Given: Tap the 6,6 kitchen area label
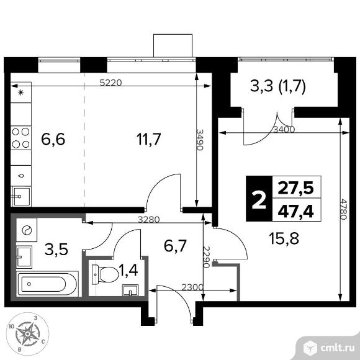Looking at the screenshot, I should click(x=53, y=138).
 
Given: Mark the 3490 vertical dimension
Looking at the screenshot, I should click(x=200, y=141).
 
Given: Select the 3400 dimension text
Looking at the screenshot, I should click(x=283, y=129).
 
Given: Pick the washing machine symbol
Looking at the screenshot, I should click(x=27, y=230).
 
